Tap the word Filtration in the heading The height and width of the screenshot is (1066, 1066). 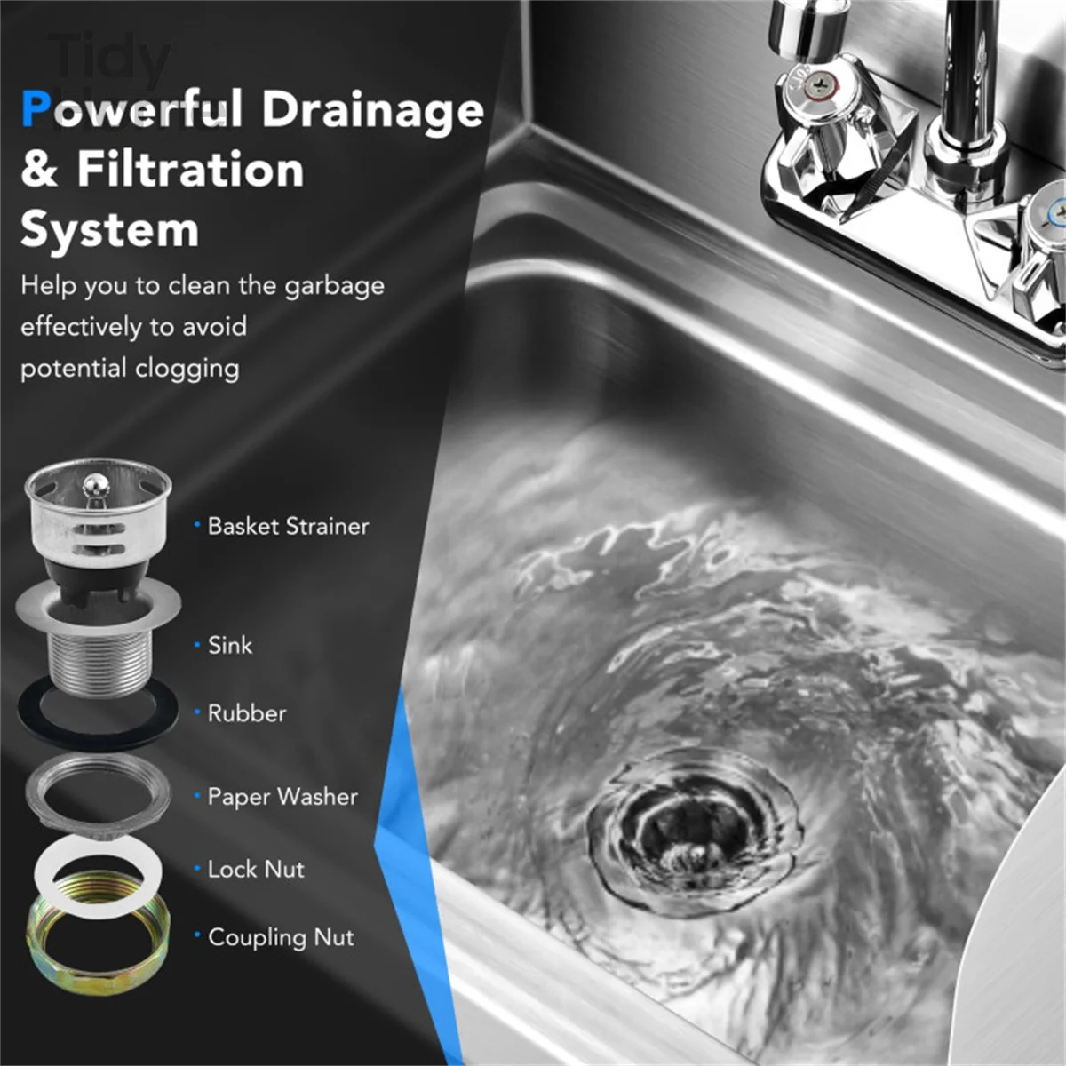tap(190, 169)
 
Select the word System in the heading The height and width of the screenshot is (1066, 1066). tap(109, 229)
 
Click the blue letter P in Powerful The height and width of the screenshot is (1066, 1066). tap(36, 110)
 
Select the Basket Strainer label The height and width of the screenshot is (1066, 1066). tap(288, 526)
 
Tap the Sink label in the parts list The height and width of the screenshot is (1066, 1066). tap(230, 645)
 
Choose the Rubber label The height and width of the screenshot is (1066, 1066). tap(247, 713)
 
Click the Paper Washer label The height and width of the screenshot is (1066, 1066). tap(282, 797)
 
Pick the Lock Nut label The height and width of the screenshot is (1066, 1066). tap(256, 869)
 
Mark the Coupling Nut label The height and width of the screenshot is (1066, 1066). tap(281, 937)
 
